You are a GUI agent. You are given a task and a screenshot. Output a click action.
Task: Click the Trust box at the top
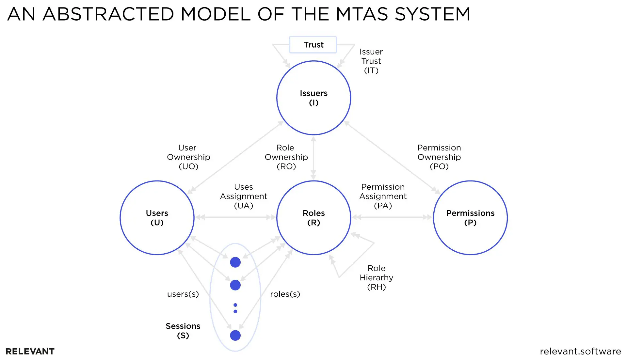tap(313, 45)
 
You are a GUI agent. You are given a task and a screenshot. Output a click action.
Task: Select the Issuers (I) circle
tap(313, 98)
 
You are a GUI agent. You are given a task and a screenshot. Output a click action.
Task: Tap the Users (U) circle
tap(157, 218)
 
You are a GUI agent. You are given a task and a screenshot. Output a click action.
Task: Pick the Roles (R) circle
tap(313, 218)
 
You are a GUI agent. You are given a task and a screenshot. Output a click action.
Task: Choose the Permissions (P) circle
tap(470, 218)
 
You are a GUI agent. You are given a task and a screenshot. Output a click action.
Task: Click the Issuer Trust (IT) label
tap(371, 61)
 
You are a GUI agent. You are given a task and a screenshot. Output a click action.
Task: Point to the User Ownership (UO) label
tap(188, 157)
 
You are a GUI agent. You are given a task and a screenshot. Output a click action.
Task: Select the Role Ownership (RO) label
tap(286, 157)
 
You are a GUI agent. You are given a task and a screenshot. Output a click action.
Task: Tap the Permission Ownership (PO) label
tap(439, 157)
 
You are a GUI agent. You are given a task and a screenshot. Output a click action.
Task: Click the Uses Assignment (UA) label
tap(243, 196)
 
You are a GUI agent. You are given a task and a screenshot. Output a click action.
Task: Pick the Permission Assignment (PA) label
tap(383, 196)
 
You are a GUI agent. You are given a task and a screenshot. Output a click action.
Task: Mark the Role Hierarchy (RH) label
tap(376, 277)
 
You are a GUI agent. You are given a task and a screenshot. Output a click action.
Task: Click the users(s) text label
tap(183, 294)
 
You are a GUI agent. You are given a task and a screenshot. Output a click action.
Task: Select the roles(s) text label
tap(285, 294)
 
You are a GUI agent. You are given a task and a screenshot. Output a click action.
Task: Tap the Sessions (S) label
tap(183, 330)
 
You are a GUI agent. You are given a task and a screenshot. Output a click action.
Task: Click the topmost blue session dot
tap(235, 262)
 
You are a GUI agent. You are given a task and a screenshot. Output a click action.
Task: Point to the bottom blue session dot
tap(235, 335)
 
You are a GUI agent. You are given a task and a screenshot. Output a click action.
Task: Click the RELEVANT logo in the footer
tap(30, 352)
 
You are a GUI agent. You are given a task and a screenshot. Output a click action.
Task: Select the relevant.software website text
tap(580, 352)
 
